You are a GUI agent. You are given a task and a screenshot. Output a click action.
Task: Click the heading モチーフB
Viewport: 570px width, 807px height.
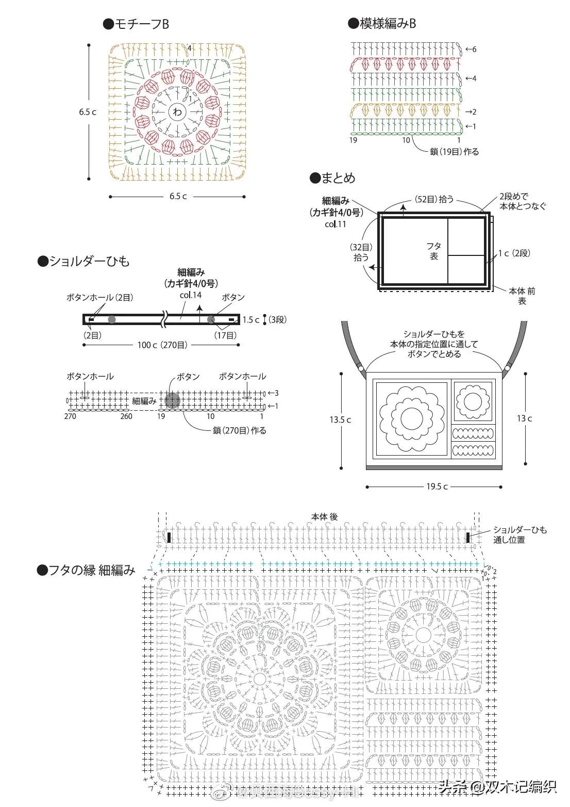[x=137, y=24]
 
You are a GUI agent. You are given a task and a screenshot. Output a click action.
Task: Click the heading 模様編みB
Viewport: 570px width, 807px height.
[x=382, y=23]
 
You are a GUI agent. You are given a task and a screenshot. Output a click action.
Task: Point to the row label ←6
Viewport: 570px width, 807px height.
[x=470, y=50]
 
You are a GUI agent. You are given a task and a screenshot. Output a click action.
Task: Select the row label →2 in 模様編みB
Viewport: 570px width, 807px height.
[x=470, y=112]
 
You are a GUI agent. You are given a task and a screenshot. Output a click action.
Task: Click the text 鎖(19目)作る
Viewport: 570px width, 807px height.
[x=454, y=152]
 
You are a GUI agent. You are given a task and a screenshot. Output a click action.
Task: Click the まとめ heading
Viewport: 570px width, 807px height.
[x=332, y=178]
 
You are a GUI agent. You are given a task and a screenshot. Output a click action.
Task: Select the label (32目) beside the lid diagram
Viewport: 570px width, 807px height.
[x=361, y=247]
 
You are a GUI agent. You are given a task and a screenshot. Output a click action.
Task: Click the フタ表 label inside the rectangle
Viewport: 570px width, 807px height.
[x=434, y=251]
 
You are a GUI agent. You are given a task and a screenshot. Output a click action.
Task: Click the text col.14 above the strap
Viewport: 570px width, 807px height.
[x=190, y=295]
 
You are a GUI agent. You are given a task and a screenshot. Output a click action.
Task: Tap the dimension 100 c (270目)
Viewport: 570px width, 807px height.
[x=162, y=345]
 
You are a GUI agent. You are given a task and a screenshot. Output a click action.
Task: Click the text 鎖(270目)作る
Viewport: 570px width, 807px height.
[x=239, y=430]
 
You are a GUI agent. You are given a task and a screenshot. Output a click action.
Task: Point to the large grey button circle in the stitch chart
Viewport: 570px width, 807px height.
[x=172, y=400]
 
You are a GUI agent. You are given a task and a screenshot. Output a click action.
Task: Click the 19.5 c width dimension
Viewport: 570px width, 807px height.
[x=436, y=486]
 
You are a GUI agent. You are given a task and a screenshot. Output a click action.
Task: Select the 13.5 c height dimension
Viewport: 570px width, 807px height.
[x=340, y=419]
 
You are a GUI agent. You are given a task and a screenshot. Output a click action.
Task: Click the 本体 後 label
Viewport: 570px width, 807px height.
[x=324, y=517]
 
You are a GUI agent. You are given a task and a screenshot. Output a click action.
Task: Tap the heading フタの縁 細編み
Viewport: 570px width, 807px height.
[x=86, y=570]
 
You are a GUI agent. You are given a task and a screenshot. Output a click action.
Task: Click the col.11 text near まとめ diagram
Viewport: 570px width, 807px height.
[x=336, y=224]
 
